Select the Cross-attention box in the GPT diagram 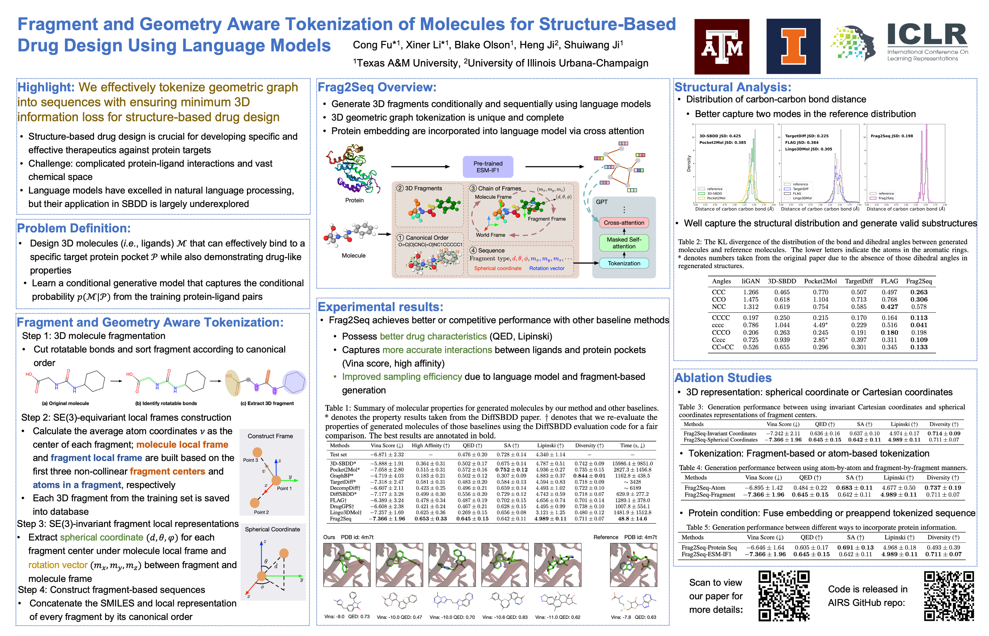coord(624,223)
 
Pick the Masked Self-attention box coord(624,243)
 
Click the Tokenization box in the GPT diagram coord(624,263)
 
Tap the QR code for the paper coord(783,596)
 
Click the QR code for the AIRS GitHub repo coord(949,596)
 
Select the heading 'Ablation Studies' coord(723,378)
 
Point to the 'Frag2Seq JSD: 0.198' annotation coord(891,136)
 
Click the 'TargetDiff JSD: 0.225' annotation coord(807,136)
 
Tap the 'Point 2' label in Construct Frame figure coord(261,512)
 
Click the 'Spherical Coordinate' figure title coord(273,529)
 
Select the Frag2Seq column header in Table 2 coord(919,281)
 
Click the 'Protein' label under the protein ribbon coord(354,200)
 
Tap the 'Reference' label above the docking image coord(605,537)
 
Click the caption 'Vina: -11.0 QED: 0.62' coord(557,617)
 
